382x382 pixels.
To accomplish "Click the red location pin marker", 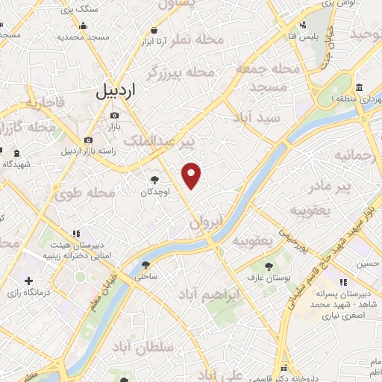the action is pos(192,175).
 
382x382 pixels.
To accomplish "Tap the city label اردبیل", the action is pos(117,92).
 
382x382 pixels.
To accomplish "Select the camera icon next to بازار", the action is pos(114,115).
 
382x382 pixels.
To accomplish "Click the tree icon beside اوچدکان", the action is pos(154,180).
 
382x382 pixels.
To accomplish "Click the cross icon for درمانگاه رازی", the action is pos(28,281).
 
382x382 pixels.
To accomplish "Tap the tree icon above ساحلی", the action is pos(145,265).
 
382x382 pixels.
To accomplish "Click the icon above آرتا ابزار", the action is pos(154,30).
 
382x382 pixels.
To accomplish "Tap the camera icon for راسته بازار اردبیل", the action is pos(89,140).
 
